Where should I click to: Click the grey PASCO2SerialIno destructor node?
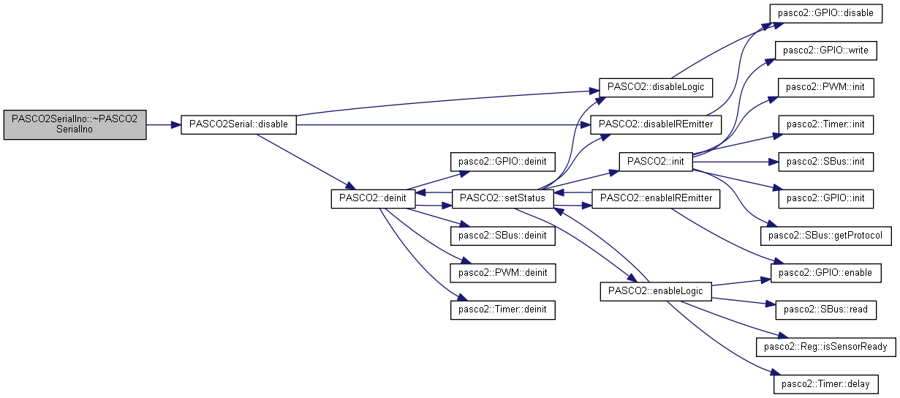pos(75,124)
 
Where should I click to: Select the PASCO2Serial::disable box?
pos(238,124)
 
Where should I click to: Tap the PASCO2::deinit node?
pos(373,198)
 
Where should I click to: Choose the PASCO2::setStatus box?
pos(502,198)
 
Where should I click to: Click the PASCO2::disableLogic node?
pos(656,88)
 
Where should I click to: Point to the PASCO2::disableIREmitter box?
pos(656,124)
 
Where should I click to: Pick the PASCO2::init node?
pos(656,162)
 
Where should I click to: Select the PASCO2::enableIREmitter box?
pos(656,198)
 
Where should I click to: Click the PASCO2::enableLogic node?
pos(656,291)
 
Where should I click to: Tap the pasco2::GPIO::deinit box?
pos(502,162)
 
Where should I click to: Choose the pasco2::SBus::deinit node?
pos(502,236)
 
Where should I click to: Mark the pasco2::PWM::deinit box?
pos(502,273)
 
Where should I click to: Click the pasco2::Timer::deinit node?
pos(502,310)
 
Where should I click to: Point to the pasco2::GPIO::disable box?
pos(825,13)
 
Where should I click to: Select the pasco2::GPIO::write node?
pos(825,50)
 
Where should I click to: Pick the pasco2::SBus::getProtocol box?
pos(825,236)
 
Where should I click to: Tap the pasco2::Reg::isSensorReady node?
pos(825,347)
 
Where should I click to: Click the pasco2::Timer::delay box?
pos(825,384)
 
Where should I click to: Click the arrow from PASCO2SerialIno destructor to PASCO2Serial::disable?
pos(164,125)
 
